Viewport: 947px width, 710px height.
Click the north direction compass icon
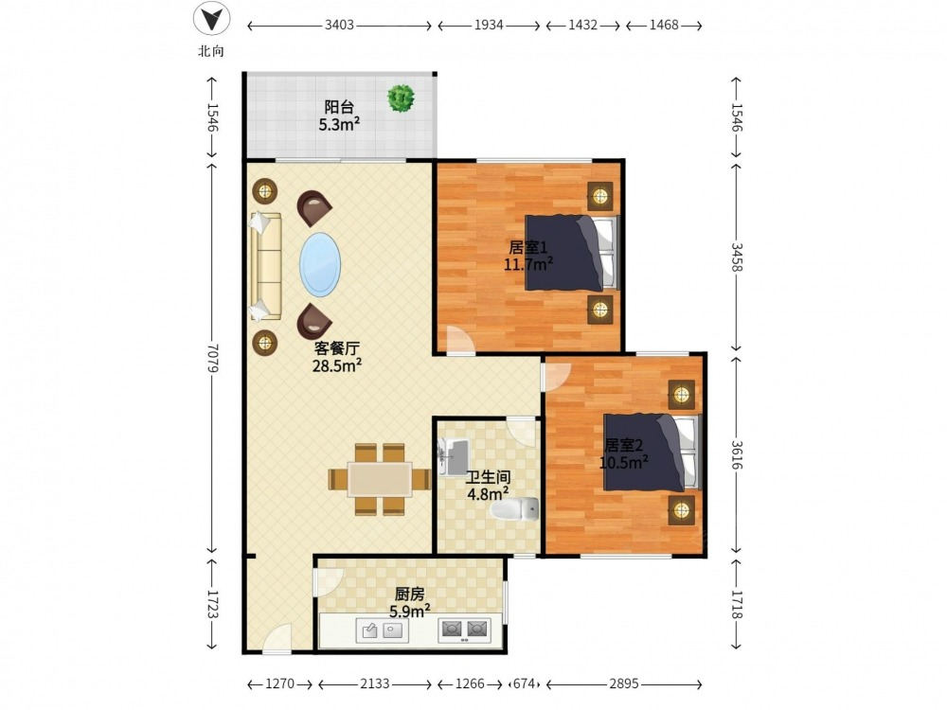click(211, 19)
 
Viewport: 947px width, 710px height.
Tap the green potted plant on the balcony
click(401, 98)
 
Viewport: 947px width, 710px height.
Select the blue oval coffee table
click(320, 264)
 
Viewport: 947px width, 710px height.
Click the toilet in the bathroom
click(514, 509)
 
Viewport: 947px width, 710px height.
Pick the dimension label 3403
click(339, 26)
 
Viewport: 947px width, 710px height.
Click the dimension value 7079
click(211, 358)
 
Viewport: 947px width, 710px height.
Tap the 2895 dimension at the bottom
click(623, 683)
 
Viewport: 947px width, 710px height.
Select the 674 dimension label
click(524, 683)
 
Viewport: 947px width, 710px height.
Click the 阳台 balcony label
click(339, 108)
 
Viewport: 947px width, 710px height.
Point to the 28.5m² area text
click(337, 365)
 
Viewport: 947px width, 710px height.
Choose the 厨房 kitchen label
click(409, 595)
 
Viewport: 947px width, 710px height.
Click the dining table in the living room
click(380, 479)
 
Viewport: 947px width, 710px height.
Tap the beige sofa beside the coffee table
click(266, 266)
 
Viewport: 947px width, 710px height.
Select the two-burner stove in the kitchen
click(464, 630)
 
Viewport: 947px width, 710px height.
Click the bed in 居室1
click(572, 253)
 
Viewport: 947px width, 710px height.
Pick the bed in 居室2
click(652, 453)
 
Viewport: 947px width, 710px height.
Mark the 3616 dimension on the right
click(737, 454)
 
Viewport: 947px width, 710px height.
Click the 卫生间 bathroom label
click(488, 478)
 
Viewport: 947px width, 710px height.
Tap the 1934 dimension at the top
click(489, 26)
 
